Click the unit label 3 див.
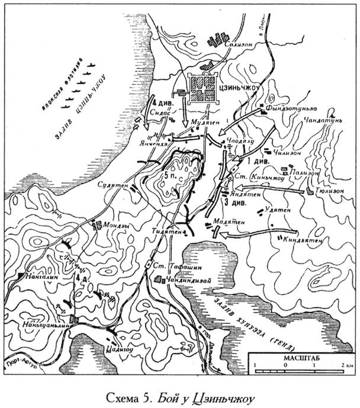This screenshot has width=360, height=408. [235, 203]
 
